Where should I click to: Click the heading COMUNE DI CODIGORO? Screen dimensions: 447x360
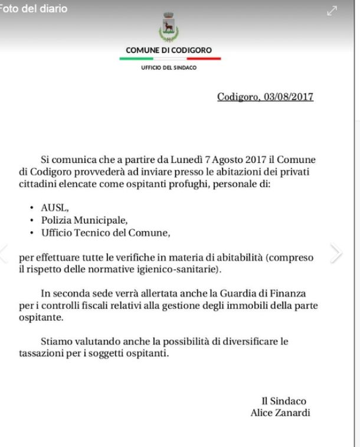click(169, 50)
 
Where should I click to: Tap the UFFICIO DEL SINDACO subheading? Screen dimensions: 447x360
click(169, 68)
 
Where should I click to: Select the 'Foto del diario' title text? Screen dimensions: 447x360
click(34, 9)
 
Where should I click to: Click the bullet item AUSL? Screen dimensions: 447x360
click(55, 208)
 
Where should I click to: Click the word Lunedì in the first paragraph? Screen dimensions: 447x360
click(183, 160)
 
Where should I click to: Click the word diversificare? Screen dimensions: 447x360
click(263, 341)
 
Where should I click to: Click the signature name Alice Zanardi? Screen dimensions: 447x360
click(280, 413)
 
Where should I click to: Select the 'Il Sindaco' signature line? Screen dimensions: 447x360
click(284, 401)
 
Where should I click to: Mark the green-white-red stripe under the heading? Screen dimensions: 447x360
click(170, 58)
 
